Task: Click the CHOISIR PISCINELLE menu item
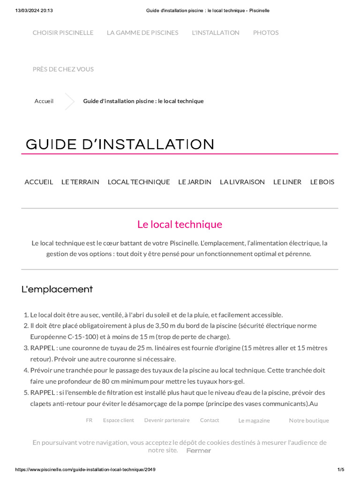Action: point(63,33)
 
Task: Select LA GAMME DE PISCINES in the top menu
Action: point(142,33)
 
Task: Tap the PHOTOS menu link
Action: point(266,33)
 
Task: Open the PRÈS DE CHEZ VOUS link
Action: point(63,69)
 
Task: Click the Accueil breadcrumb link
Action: point(44,101)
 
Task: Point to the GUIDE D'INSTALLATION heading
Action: point(120,144)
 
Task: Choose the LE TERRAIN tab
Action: point(80,182)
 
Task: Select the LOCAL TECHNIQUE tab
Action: point(139,182)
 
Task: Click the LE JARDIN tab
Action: point(195,182)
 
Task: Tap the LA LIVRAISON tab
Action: point(242,182)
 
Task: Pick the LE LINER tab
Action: point(287,182)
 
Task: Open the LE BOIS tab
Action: point(322,182)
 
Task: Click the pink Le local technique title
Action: point(180,225)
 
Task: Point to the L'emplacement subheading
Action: point(57,289)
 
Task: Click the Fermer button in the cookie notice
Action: point(199,451)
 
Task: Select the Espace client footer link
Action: point(118,420)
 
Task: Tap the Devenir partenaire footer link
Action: point(167,420)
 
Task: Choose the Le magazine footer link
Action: point(254,421)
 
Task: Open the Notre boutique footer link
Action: point(309,421)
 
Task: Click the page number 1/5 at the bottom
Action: point(341,470)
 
